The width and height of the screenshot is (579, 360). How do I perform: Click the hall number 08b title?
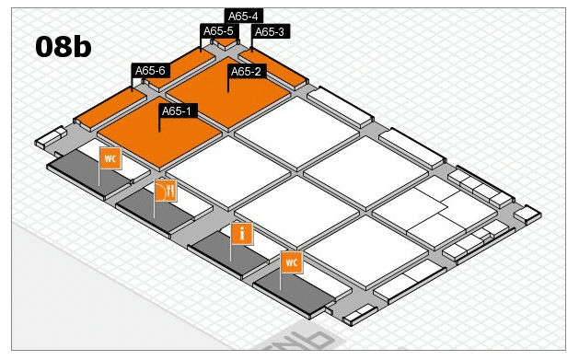(x=64, y=47)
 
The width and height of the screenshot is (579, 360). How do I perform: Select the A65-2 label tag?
(x=247, y=71)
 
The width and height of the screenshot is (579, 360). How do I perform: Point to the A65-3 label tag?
(x=271, y=31)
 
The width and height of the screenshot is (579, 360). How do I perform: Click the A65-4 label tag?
(x=243, y=16)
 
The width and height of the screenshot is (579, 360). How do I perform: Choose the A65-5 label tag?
(x=219, y=31)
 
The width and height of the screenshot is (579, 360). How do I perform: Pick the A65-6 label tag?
(x=151, y=70)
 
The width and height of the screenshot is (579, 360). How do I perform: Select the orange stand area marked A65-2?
(x=228, y=92)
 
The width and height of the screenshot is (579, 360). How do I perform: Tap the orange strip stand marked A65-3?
(x=273, y=67)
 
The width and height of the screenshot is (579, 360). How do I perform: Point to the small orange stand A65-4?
(x=226, y=42)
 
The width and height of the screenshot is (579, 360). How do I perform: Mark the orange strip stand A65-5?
(x=181, y=69)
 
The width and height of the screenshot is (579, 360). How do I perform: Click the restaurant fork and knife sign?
(x=166, y=191)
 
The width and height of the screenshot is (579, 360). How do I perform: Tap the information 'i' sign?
(x=242, y=234)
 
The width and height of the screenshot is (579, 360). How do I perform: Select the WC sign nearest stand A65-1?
(x=110, y=158)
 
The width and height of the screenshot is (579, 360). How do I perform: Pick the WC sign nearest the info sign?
(x=292, y=262)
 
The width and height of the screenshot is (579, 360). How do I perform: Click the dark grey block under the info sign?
(x=228, y=256)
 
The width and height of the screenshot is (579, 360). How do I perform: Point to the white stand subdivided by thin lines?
(x=435, y=212)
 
